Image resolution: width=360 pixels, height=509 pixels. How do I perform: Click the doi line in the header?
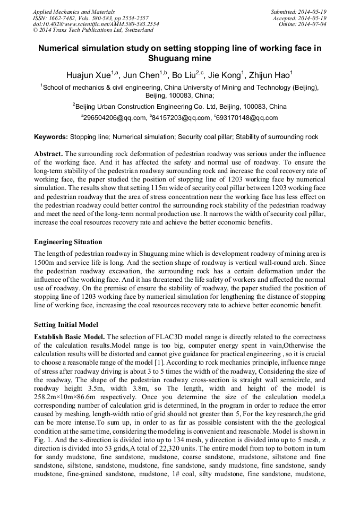[96, 24]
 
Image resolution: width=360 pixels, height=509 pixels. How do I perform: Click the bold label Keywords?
[51, 137]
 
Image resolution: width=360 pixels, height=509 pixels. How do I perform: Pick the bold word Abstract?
[49, 154]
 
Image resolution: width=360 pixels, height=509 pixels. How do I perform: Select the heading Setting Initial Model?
[66, 324]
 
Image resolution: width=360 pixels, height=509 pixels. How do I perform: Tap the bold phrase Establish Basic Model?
[69, 337]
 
